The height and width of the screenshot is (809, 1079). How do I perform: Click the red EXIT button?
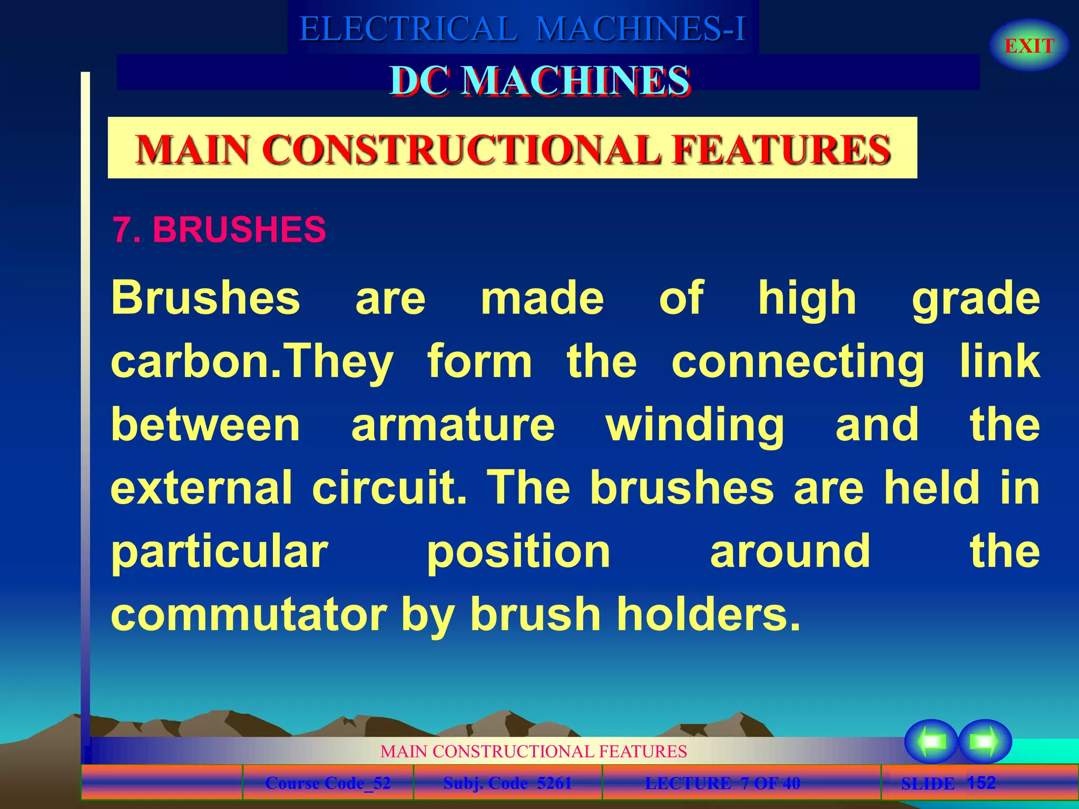tap(1029, 46)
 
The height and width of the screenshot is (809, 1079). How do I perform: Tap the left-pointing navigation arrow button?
tap(931, 742)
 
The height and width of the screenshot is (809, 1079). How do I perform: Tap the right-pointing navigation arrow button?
tap(985, 742)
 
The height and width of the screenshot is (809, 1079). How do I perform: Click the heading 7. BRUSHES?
tap(219, 230)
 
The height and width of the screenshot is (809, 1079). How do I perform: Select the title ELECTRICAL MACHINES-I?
tap(523, 28)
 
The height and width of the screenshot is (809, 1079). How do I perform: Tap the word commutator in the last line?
tap(249, 615)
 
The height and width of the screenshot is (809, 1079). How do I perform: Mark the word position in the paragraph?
tap(518, 552)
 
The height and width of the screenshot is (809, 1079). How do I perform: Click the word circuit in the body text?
tap(389, 488)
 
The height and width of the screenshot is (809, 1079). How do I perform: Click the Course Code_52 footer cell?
tap(328, 783)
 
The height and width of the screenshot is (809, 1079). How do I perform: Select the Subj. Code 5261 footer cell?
tap(507, 783)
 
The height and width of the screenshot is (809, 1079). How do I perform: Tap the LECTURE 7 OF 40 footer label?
tap(722, 783)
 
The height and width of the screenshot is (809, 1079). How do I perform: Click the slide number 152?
tap(981, 782)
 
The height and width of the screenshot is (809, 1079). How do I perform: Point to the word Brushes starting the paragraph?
tap(205, 298)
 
